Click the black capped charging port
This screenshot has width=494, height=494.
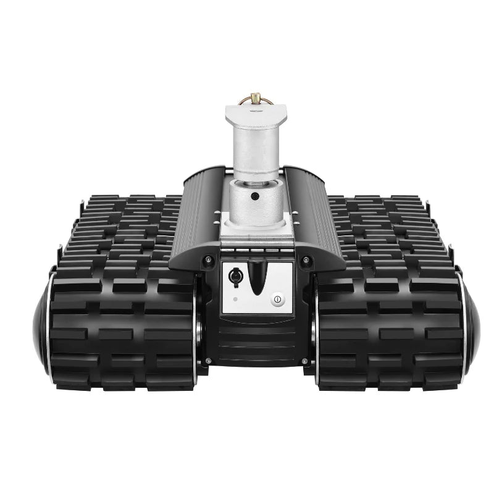point(235,277)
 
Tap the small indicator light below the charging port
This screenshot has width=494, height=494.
point(235,300)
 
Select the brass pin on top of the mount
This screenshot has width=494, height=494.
point(256,98)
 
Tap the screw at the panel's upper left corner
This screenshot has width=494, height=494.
point(208,259)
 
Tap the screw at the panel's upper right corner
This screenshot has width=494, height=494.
point(304,259)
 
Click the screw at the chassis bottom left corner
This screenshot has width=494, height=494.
point(208,360)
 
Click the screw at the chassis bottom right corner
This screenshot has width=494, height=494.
point(304,360)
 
